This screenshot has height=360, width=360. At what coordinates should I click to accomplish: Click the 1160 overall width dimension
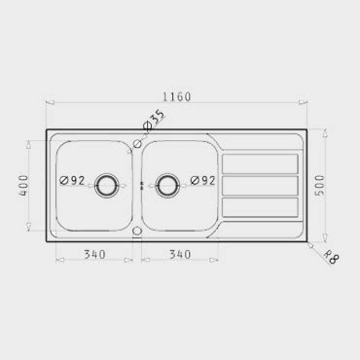177,96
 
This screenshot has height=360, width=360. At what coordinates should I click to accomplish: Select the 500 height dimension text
320,185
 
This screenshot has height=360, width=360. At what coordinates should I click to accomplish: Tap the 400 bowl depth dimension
23,185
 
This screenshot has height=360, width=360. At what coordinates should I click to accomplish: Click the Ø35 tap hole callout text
154,120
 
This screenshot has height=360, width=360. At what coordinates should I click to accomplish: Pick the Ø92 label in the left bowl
72,180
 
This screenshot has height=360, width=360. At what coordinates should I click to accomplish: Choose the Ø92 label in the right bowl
202,180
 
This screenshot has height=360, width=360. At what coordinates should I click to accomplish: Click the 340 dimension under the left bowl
94,255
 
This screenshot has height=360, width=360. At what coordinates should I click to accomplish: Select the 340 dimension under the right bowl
180,255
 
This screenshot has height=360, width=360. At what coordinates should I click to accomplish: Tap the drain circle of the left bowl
106,186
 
